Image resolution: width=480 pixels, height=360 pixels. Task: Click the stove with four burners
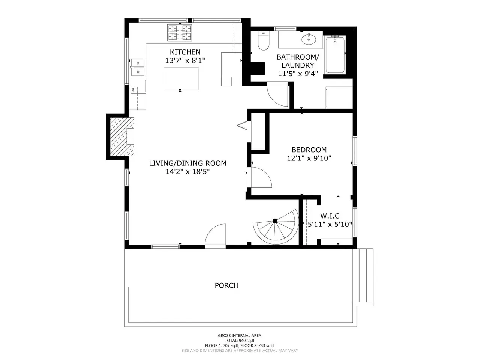pyautogui.click(x=180, y=33)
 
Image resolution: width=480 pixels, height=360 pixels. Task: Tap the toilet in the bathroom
pyautogui.click(x=264, y=41)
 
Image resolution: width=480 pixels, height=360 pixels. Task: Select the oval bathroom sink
pyautogui.click(x=309, y=39)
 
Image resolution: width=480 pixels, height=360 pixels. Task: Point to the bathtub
pyautogui.click(x=335, y=54)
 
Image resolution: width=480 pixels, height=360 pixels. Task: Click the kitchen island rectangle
pyautogui.click(x=181, y=79)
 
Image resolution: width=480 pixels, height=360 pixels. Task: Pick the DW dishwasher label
pyautogui.click(x=132, y=89)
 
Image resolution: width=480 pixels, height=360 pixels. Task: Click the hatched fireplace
pyautogui.click(x=122, y=137)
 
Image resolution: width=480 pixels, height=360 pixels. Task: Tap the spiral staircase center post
pyautogui.click(x=275, y=221)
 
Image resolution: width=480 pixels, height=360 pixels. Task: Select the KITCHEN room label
pyautogui.click(x=185, y=52)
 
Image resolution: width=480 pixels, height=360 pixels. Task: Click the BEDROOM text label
pyautogui.click(x=309, y=150)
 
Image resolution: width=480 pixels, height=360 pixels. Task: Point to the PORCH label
pyautogui.click(x=226, y=285)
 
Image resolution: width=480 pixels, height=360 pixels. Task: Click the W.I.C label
pyautogui.click(x=330, y=216)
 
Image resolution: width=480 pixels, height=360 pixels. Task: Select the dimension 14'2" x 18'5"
pyautogui.click(x=187, y=172)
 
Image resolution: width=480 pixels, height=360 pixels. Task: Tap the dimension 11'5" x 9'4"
pyautogui.click(x=298, y=73)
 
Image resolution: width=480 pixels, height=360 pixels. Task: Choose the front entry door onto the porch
pyautogui.click(x=215, y=236)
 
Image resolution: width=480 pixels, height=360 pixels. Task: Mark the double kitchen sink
pyautogui.click(x=138, y=67)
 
